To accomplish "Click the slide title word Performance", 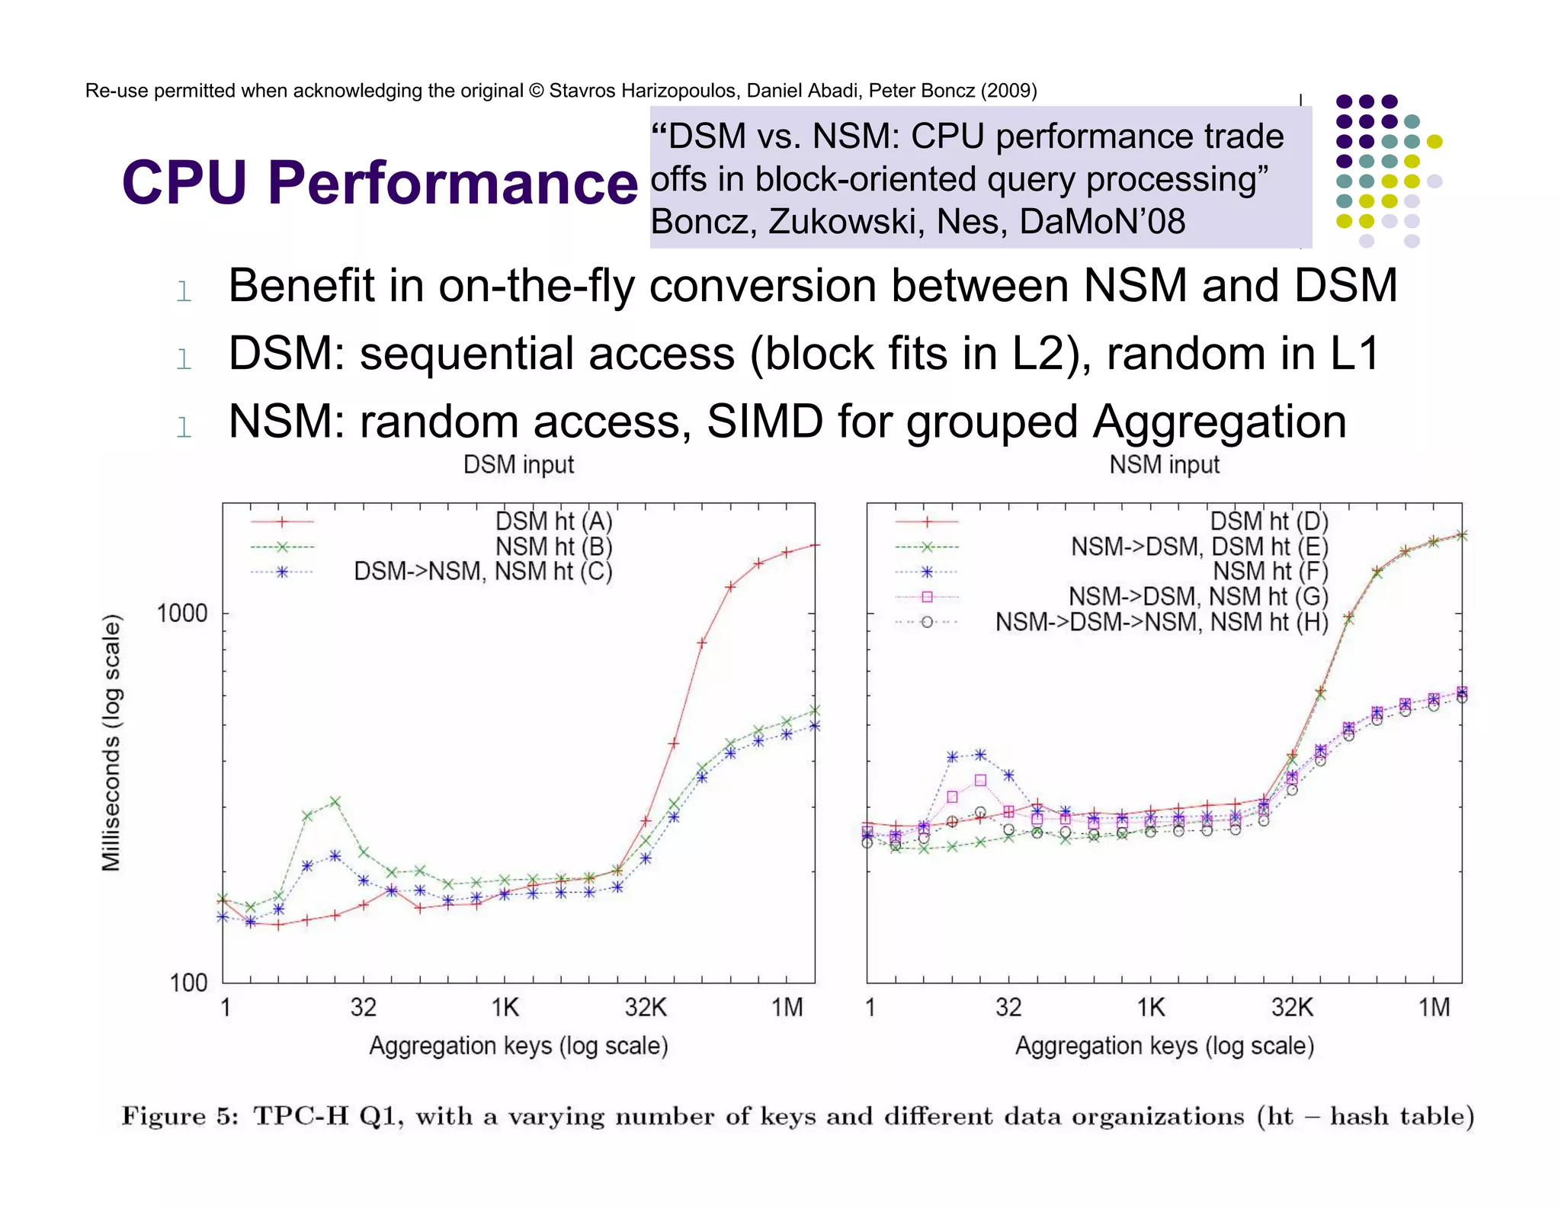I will [452, 184].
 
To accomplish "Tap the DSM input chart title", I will [518, 464].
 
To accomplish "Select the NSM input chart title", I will [1164, 464].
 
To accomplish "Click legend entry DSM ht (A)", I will [553, 521].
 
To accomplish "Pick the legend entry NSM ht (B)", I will [553, 547].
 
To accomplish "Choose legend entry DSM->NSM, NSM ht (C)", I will [483, 571].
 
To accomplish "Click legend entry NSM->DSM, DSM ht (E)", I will [1199, 547].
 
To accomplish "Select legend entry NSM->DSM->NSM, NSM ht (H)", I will [1162, 622].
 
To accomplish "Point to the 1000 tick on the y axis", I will [181, 613].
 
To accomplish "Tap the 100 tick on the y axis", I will [188, 983].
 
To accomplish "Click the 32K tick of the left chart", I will [646, 1008].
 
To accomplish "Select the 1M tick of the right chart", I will [1434, 1008].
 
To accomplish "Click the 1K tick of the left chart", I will [505, 1008].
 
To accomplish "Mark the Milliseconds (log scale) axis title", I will [112, 743].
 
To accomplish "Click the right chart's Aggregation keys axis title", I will [1164, 1046].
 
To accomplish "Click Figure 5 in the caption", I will [179, 1116].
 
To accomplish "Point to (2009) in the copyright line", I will [1008, 91].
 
